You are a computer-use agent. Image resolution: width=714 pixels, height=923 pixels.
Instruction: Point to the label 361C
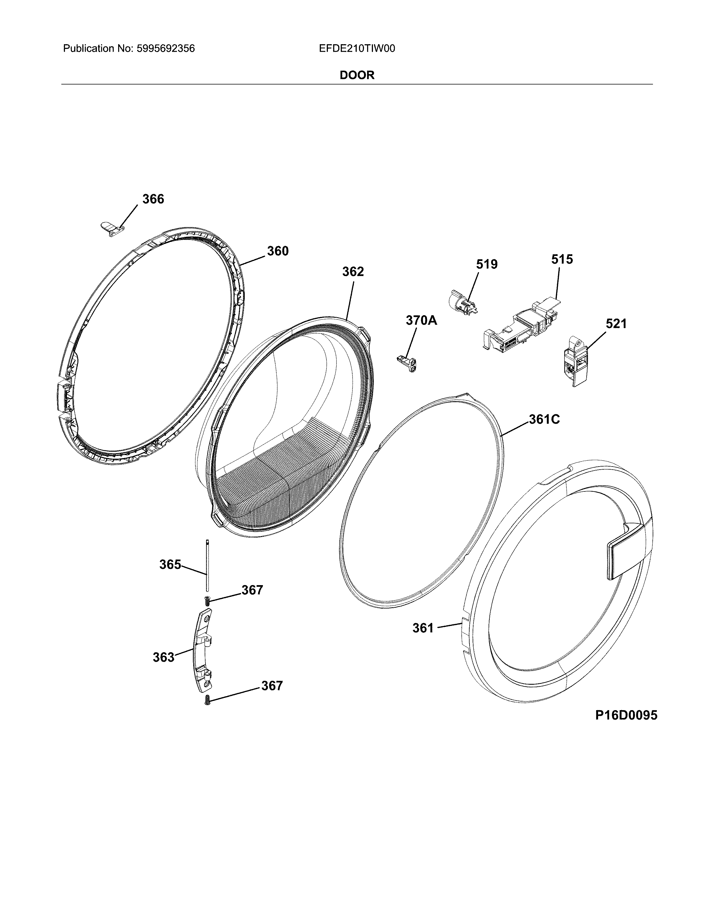(544, 419)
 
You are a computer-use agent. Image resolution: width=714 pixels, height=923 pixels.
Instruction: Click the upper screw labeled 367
(207, 600)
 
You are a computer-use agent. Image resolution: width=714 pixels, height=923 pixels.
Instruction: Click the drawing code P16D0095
(626, 715)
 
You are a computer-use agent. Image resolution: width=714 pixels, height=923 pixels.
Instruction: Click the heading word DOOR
(357, 75)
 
